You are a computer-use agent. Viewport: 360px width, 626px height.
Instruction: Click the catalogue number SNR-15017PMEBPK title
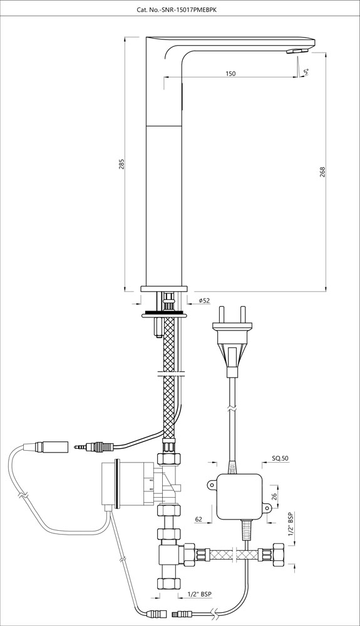180,10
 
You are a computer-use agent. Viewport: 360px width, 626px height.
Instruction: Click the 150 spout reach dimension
230,74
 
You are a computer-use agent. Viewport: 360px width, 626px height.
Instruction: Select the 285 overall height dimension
123,163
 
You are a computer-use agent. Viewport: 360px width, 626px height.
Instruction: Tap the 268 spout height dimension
322,170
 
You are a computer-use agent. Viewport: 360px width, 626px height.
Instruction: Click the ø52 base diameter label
204,301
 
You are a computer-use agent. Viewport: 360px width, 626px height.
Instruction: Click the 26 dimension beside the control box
273,497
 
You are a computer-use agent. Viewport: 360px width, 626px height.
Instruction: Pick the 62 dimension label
198,519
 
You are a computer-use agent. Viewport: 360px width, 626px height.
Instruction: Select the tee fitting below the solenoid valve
168,556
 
